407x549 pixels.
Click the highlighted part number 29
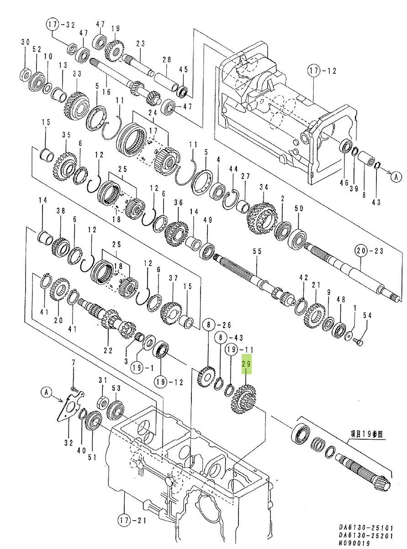point(247,364)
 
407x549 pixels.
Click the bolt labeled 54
point(359,341)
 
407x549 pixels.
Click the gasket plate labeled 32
point(69,408)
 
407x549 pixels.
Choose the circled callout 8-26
point(215,325)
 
